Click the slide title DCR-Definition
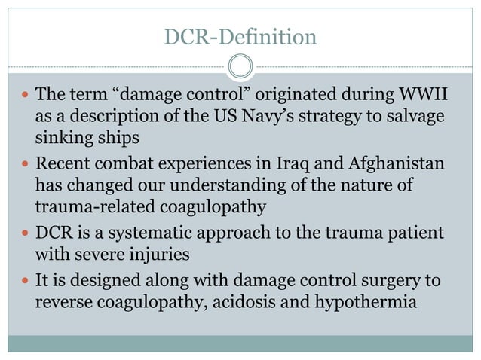point(240,35)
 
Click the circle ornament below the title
point(240,67)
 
